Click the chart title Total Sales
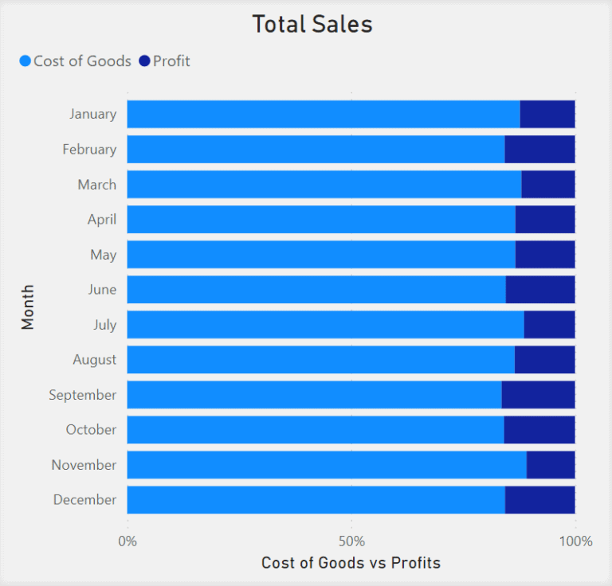point(312,24)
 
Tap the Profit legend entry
point(164,61)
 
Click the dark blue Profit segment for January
point(547,114)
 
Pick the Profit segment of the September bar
point(538,395)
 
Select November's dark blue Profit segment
point(551,465)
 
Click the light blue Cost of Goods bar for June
point(316,290)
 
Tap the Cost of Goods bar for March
point(324,185)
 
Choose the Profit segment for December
point(539,500)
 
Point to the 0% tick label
point(127,541)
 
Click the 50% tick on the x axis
point(351,541)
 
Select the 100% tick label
point(575,541)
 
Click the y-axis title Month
point(28,307)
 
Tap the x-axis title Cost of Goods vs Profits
point(351,564)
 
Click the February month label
point(89,150)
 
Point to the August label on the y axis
point(94,360)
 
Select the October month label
point(91,430)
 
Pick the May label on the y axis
point(103,255)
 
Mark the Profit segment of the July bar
point(549,325)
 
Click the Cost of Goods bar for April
point(321,220)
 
